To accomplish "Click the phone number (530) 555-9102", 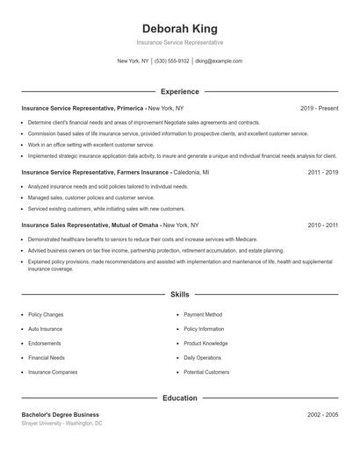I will click(172, 61).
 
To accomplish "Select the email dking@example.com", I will click(219, 61).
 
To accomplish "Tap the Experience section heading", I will click(179, 91).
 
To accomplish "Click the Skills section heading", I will click(179, 295).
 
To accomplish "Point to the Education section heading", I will click(179, 398).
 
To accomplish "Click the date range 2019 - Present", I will click(319, 108).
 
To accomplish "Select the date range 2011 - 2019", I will click(323, 173).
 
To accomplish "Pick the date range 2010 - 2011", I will click(323, 225).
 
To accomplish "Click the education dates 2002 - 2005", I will click(323, 414).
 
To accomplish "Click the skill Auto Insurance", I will click(47, 329).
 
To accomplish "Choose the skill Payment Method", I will click(203, 314).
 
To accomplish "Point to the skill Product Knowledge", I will click(205, 343).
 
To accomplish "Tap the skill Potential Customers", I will click(207, 372).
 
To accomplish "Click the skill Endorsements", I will click(45, 343).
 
